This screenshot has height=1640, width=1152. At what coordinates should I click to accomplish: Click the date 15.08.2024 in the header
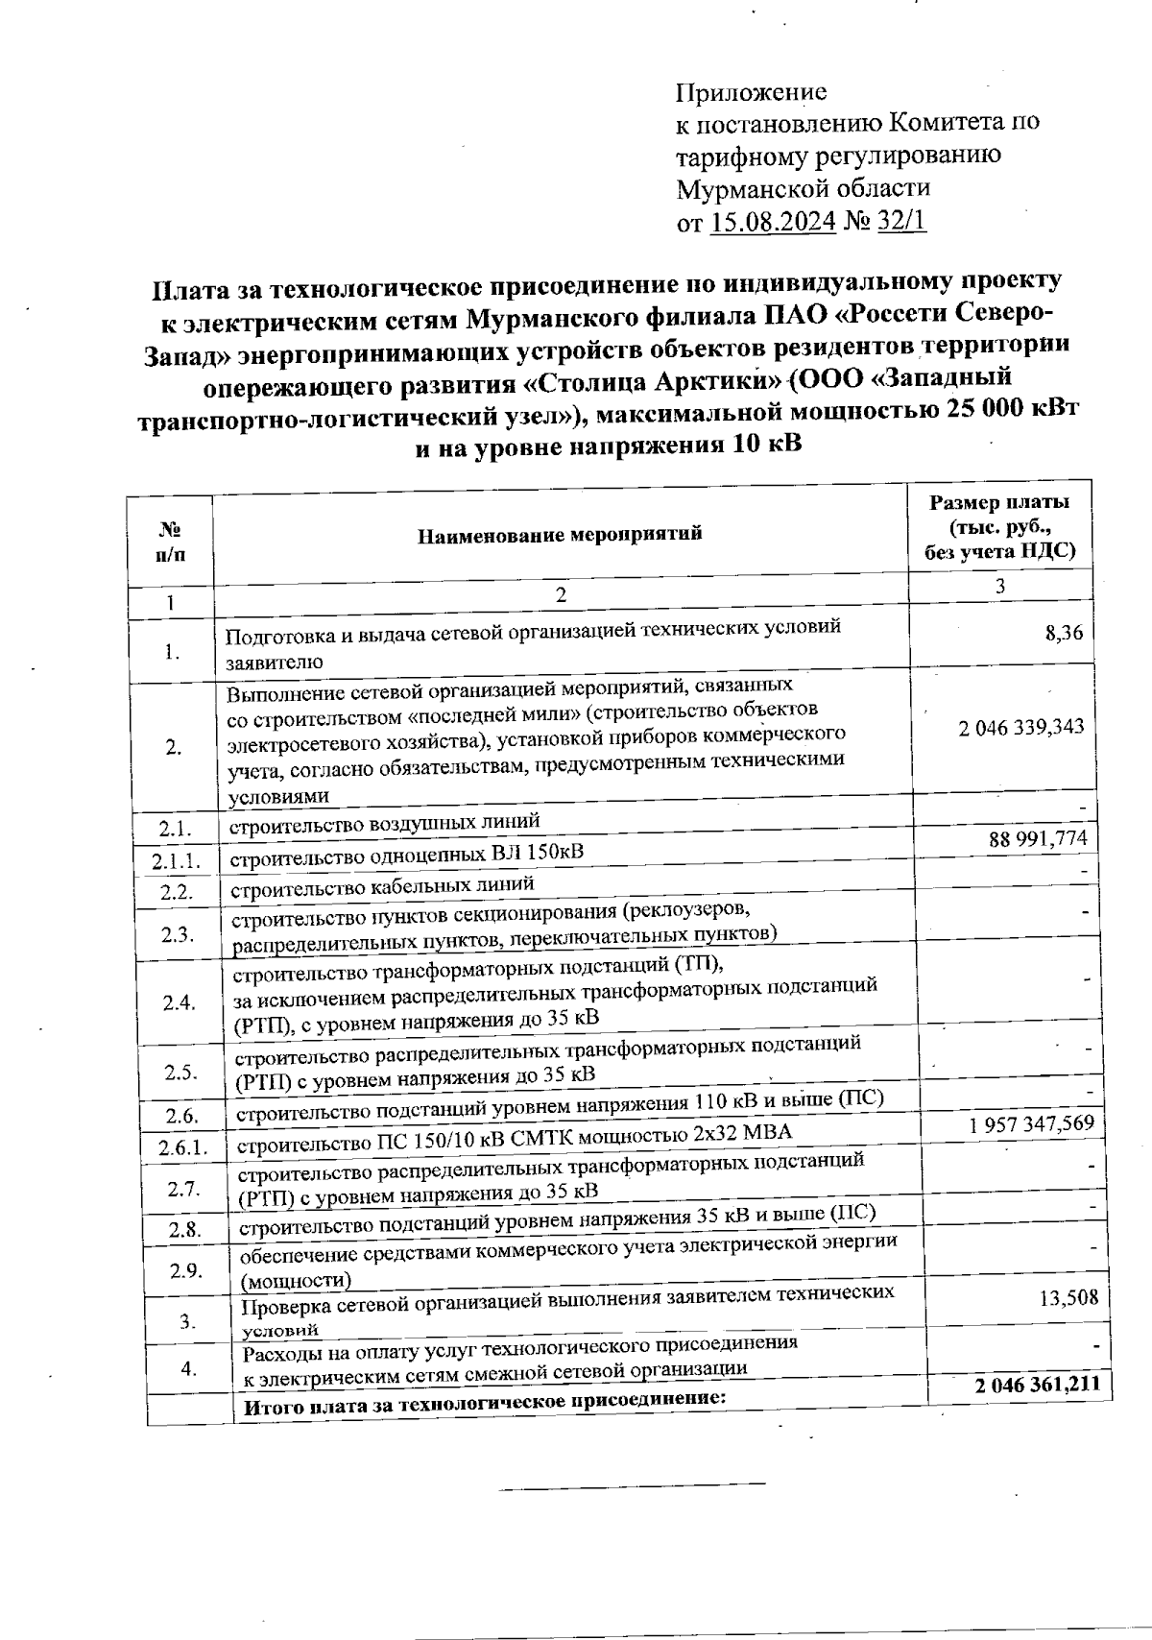tap(774, 222)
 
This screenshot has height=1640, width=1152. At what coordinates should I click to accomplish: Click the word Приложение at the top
tap(751, 92)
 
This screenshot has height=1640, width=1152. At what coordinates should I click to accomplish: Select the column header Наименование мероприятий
tap(560, 534)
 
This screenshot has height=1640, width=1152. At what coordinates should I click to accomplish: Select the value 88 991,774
tap(1038, 839)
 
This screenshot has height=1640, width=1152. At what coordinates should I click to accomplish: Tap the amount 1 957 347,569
tap(1032, 1123)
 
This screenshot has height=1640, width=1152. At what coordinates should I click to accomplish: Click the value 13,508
tap(1068, 1299)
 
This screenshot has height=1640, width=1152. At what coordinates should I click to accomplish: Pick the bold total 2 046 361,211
tap(1036, 1386)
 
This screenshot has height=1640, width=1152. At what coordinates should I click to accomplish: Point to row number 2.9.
tap(184, 1271)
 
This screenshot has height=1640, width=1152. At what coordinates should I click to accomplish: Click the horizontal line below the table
tap(631, 1488)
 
